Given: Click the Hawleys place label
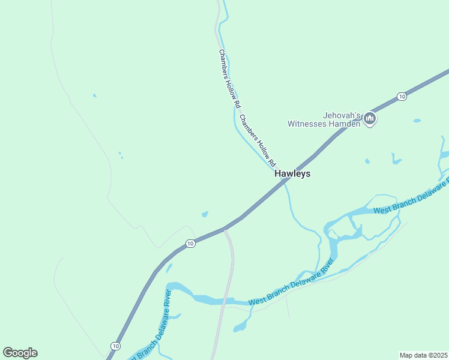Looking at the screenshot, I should coord(292,173).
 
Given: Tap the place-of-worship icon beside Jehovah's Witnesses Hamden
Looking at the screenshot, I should coord(370,119).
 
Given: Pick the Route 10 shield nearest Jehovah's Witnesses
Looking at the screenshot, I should coord(402,97).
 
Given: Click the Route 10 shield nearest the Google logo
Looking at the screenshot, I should coord(115,346).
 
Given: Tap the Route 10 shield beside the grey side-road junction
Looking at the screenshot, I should coord(190,243).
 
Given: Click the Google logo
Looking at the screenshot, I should coord(20,353).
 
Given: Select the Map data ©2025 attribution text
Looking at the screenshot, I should coord(423,355).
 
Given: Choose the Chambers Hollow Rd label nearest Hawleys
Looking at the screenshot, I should coord(258,140).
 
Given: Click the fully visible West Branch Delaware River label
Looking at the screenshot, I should coord(291,283).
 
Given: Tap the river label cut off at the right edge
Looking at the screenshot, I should coord(411,198).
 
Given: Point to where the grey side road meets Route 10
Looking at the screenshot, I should coord(224,229).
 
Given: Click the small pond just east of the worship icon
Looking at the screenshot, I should coord(417,121).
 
